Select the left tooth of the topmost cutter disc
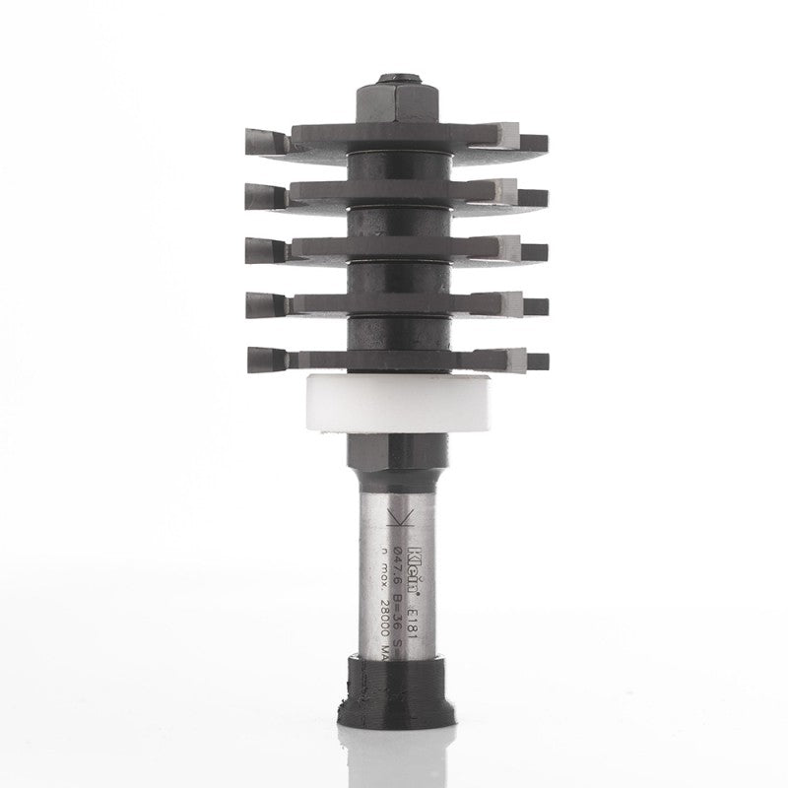point(264,142)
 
